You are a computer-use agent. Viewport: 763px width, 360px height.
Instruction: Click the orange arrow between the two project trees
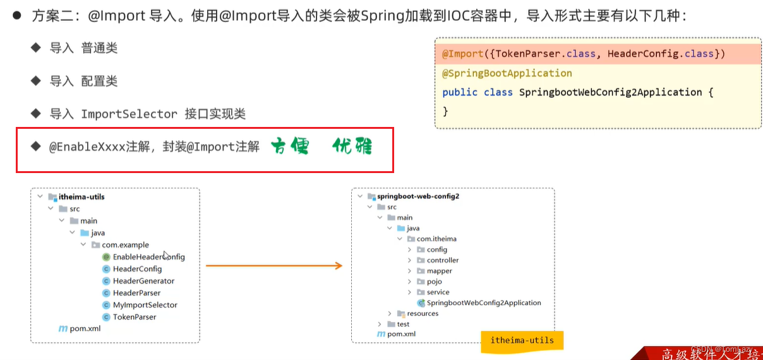tap(273, 266)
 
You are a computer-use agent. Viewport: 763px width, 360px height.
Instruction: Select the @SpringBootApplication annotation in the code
tap(507, 73)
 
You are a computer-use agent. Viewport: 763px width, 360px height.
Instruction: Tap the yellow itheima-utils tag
tap(522, 340)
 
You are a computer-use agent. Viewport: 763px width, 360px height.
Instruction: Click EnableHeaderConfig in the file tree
tap(148, 257)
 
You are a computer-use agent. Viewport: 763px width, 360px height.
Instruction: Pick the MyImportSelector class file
tap(145, 305)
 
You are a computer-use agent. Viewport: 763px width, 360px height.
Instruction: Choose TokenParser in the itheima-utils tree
tap(134, 317)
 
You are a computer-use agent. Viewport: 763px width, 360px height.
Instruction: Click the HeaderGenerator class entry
tap(143, 281)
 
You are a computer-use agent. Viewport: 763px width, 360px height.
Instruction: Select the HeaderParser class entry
tap(136, 293)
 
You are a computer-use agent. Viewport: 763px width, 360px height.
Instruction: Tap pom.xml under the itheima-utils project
tap(85, 328)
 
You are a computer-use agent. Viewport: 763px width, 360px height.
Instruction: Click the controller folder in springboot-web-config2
tap(442, 260)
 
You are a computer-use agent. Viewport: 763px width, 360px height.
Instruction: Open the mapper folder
tap(439, 271)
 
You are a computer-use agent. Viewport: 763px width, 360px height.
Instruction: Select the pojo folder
tap(434, 282)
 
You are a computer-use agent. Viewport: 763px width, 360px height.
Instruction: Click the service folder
tap(438, 292)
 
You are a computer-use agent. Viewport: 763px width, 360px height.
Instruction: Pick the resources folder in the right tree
tap(422, 314)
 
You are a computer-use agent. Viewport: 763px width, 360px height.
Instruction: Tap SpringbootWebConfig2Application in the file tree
tap(483, 303)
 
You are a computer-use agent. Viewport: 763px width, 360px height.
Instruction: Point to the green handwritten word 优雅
tap(352, 147)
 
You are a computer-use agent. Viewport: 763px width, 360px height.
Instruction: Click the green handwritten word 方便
tap(290, 147)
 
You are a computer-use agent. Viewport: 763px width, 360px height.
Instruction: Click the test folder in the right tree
tap(402, 324)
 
